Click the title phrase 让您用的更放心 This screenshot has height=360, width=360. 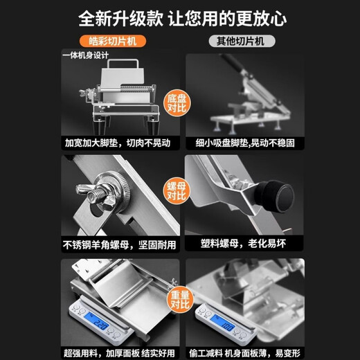pos(240,17)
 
